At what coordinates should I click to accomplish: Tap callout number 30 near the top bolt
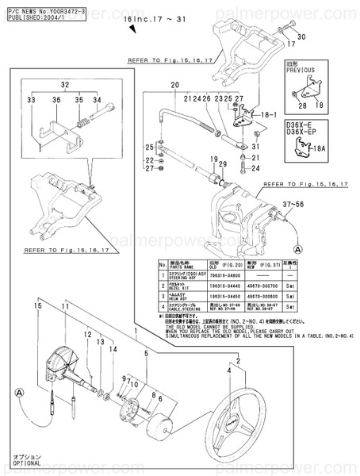301,37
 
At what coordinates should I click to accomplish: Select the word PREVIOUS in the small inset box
303,69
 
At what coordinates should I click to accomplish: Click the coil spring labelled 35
83,124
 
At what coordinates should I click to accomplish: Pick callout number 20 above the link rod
175,85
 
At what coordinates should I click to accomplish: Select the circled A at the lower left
19,391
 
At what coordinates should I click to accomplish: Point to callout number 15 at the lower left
37,304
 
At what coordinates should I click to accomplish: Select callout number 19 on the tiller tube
214,159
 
